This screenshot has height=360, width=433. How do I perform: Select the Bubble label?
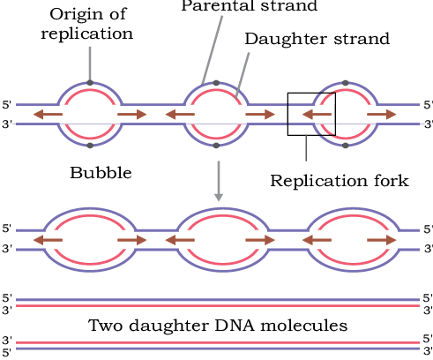101,173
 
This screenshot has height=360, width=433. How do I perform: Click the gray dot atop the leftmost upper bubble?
90,83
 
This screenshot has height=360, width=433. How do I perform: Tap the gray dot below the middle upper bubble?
216,146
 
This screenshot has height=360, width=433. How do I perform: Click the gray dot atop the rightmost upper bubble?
346,83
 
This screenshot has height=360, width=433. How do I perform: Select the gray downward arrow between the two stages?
219,181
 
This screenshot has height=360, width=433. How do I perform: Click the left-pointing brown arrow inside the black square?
317,114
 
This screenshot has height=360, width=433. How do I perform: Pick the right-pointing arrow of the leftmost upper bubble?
132,114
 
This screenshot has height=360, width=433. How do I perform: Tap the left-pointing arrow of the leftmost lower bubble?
48,240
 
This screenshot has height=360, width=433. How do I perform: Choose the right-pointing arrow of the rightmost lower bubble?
382,240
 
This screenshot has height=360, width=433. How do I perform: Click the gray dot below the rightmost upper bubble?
346,146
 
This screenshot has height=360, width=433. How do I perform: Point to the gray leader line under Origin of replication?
90,64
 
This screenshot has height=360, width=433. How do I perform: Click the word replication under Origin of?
87,34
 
